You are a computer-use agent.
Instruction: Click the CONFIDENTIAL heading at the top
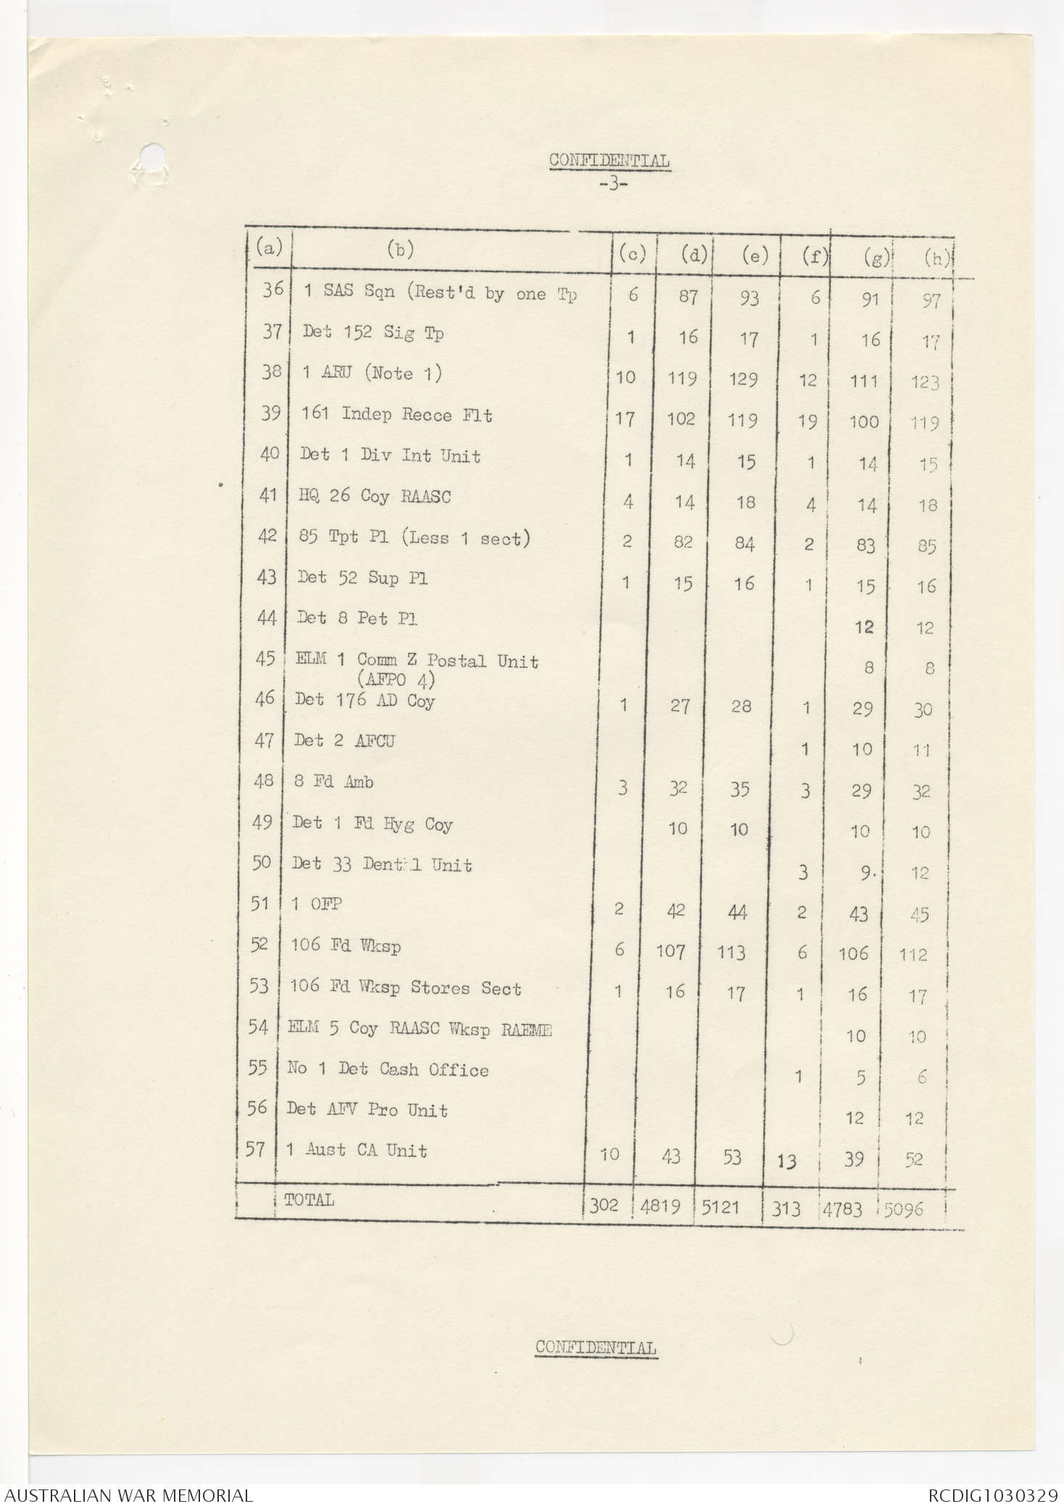[609, 160]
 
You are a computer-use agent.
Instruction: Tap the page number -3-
[613, 183]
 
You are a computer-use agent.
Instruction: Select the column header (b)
[400, 250]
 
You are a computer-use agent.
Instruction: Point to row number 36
[273, 289]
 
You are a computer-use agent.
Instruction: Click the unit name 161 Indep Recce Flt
[396, 415]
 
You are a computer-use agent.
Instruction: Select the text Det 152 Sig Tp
[373, 333]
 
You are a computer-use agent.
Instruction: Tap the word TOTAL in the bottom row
[309, 1200]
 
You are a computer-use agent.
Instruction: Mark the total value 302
[604, 1205]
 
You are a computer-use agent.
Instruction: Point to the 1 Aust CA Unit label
[357, 1150]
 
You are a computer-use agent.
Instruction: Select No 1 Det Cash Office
[388, 1069]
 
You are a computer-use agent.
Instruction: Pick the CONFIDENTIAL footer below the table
[596, 1347]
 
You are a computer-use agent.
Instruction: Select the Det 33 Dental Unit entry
[382, 865]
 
